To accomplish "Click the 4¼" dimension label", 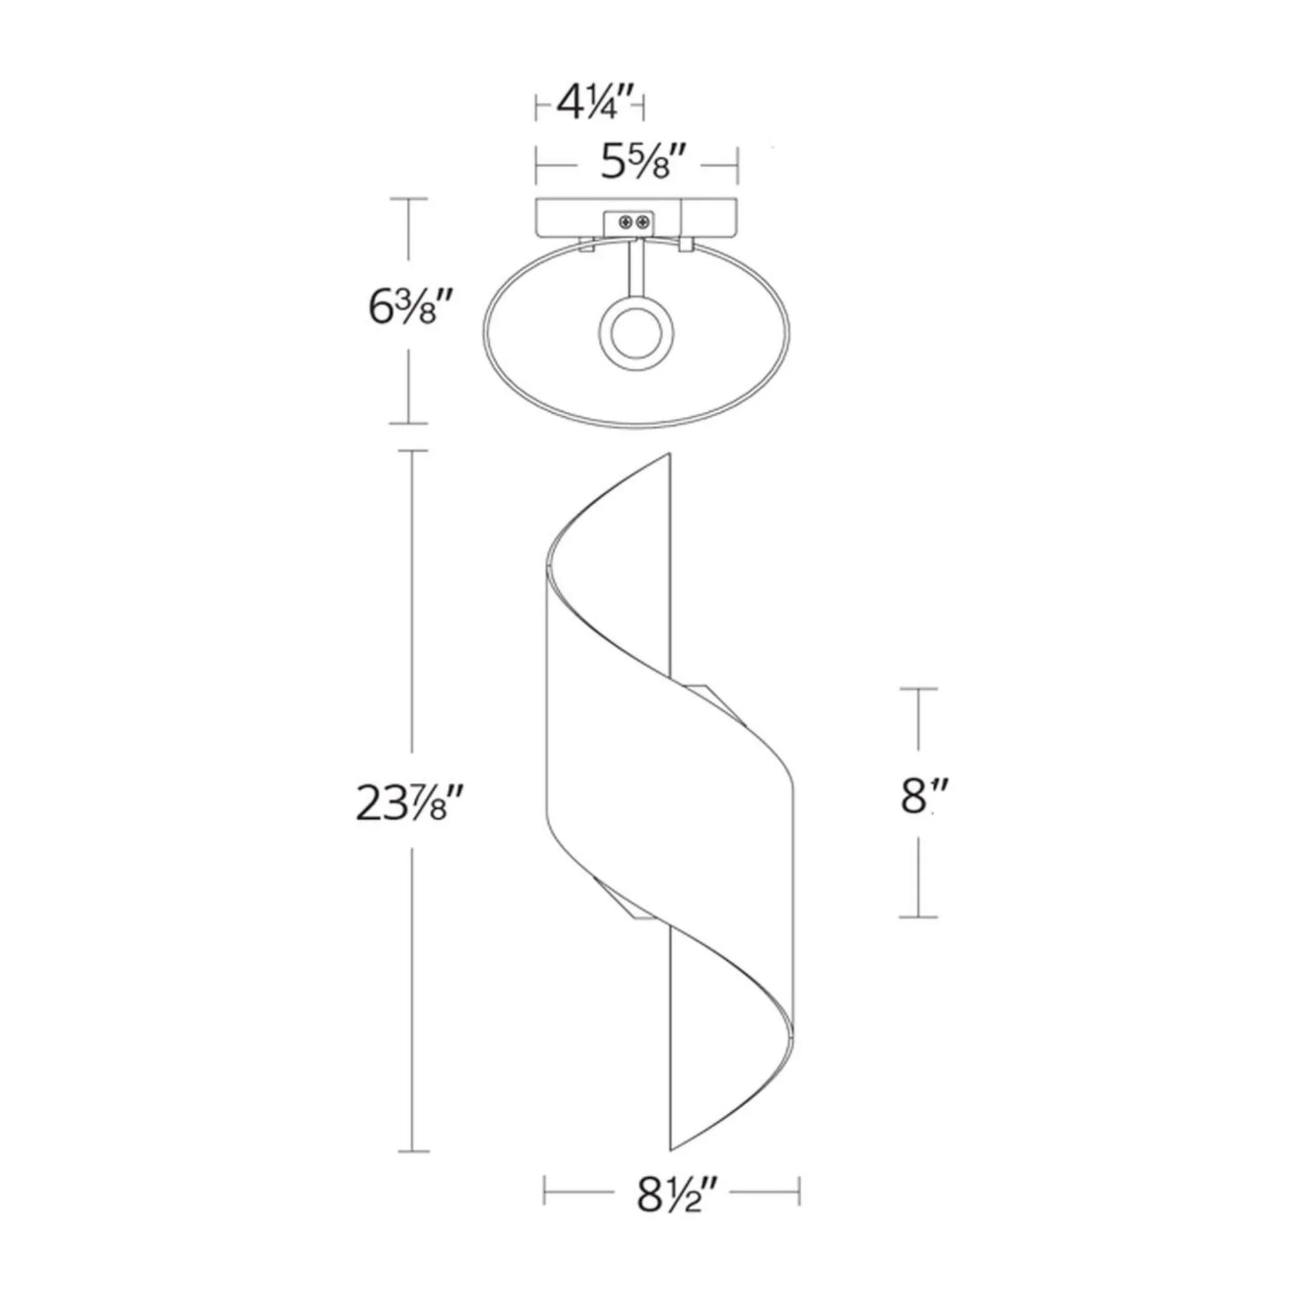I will point(594,105).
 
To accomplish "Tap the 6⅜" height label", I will point(408,309).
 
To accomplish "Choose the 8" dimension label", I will point(918,797).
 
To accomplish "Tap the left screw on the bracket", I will point(627,221).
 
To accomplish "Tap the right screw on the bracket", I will point(644,221).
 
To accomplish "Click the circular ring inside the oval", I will point(635,334).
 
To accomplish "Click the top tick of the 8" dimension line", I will point(918,688).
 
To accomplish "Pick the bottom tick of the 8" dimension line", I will point(918,917).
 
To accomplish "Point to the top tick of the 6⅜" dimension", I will point(408,199).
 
